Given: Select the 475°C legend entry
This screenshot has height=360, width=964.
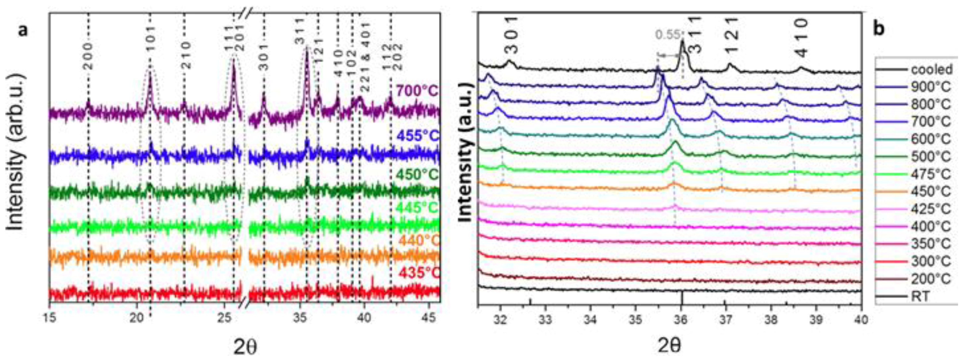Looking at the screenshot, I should pos(931,174).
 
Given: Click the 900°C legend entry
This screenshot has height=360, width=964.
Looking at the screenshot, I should pos(931,87).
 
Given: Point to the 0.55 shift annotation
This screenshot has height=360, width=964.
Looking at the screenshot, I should pos(667,35).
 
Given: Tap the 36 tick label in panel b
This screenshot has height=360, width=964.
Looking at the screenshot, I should pos(681,319).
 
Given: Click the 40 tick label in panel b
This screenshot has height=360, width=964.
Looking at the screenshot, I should pos(861,319).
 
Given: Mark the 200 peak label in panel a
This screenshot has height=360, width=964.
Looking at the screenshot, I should pos(88,56).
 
